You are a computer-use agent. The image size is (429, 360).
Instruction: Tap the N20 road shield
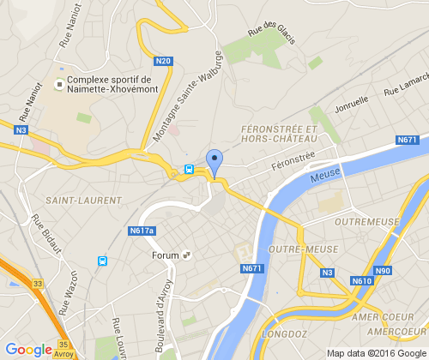[x=164, y=61]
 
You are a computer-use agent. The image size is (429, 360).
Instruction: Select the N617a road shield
[x=142, y=231]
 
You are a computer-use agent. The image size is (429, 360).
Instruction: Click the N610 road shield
[x=361, y=281]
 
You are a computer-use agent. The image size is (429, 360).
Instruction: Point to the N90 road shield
[x=383, y=271]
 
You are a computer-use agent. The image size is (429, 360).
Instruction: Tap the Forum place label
[x=165, y=255]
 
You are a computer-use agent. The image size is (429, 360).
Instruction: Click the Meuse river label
[x=325, y=174]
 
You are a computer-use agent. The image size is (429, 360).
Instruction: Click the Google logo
[x=28, y=349]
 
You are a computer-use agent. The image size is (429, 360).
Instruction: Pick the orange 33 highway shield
[x=37, y=282]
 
